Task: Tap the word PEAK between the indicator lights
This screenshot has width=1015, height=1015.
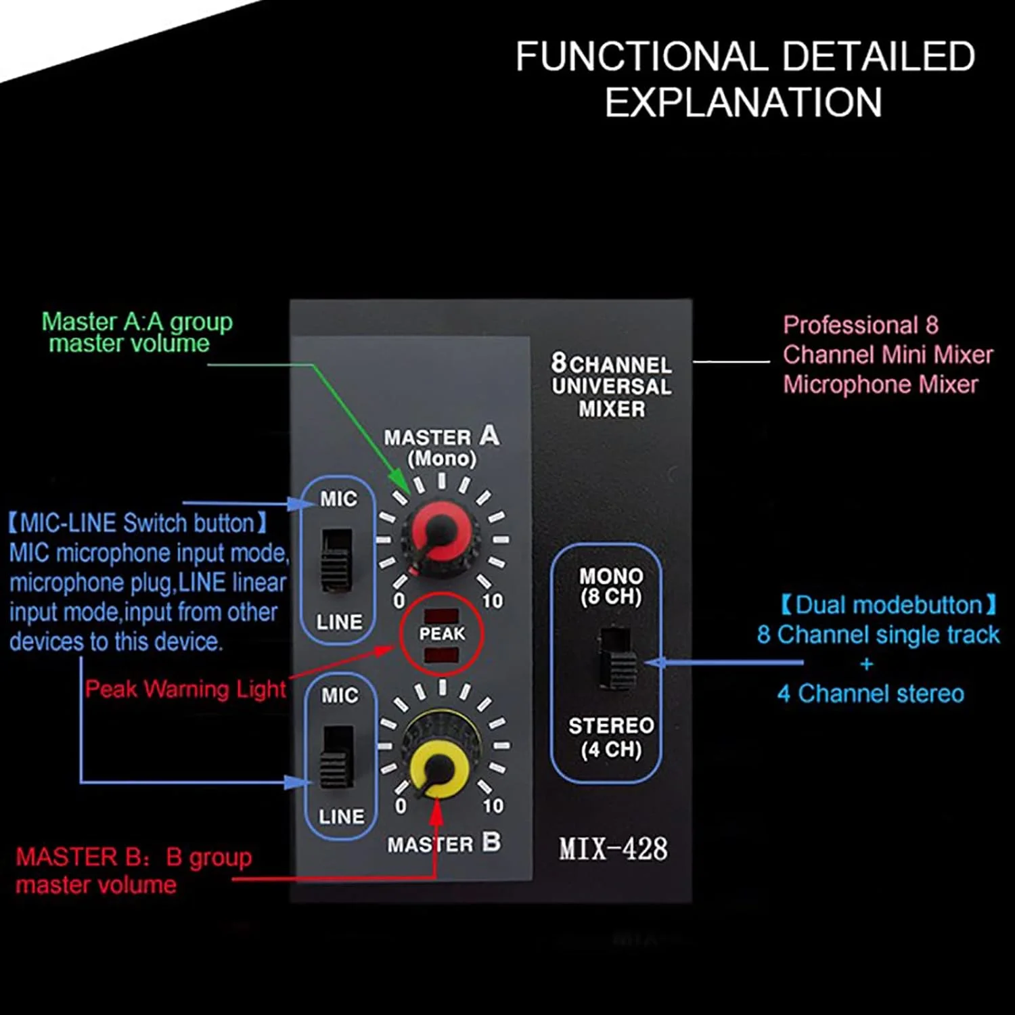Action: (x=442, y=634)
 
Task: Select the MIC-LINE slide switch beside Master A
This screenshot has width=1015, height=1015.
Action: (x=337, y=560)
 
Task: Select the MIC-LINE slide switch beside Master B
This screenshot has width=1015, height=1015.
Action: (x=337, y=757)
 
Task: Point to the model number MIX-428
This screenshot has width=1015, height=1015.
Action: (x=613, y=849)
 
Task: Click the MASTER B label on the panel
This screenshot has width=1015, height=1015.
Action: (x=444, y=843)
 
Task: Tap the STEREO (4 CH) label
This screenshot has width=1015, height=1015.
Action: (x=611, y=737)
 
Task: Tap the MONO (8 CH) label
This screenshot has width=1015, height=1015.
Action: (x=611, y=586)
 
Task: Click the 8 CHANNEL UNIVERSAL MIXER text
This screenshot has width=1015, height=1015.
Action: (x=612, y=386)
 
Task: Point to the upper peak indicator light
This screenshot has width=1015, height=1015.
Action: (x=441, y=616)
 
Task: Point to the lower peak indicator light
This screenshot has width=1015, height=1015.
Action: (x=441, y=654)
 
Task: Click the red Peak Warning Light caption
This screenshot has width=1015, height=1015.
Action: (x=185, y=689)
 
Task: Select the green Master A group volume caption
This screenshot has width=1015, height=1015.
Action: (x=137, y=332)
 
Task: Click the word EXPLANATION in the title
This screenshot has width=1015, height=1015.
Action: (x=743, y=103)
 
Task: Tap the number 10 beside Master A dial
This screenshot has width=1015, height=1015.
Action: (x=493, y=601)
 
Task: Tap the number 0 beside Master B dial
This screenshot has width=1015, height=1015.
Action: (x=401, y=806)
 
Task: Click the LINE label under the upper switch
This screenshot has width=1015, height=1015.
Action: (x=339, y=622)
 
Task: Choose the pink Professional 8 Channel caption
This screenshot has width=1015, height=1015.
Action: (x=887, y=355)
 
